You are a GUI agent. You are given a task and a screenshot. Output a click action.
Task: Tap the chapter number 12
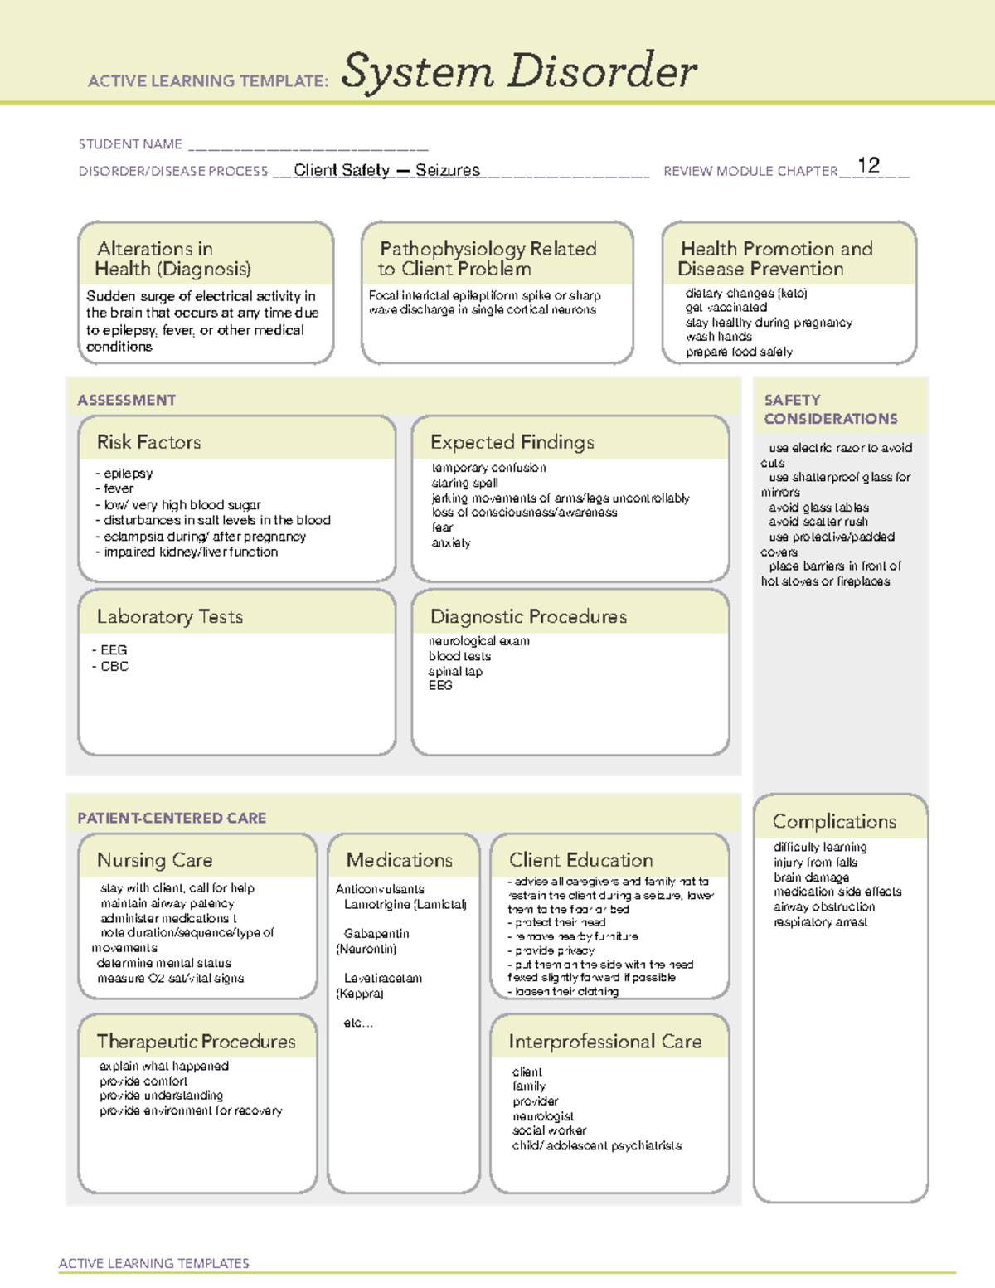(868, 165)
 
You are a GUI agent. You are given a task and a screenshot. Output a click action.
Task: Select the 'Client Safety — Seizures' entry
(386, 170)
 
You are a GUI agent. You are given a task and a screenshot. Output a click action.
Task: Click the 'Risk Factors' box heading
(148, 442)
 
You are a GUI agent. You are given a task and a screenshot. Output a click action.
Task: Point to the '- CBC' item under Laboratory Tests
(111, 666)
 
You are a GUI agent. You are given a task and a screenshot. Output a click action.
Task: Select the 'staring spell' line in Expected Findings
(464, 483)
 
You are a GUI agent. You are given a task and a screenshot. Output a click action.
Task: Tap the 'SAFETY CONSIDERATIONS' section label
(830, 410)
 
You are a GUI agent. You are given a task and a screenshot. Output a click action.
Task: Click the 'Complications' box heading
(834, 821)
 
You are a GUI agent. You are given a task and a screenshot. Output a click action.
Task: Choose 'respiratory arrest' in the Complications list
(820, 922)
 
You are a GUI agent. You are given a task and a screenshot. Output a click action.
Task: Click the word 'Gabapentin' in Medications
(376, 934)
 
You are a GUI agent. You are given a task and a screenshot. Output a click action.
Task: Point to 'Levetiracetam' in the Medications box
(383, 979)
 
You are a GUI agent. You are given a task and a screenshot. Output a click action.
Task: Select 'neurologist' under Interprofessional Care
(543, 1116)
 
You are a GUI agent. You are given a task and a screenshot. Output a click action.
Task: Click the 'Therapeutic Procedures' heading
(196, 1042)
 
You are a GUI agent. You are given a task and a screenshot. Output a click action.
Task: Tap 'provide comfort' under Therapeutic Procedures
(143, 1081)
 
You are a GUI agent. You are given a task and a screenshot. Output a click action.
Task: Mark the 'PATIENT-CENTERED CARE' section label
(172, 818)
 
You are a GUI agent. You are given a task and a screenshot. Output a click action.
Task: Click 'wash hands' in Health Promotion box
(719, 337)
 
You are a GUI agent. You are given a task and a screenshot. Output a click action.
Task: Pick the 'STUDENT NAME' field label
(130, 144)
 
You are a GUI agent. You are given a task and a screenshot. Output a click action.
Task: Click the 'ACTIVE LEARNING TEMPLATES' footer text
(153, 1263)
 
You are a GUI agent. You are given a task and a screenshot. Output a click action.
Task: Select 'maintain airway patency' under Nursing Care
(167, 903)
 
